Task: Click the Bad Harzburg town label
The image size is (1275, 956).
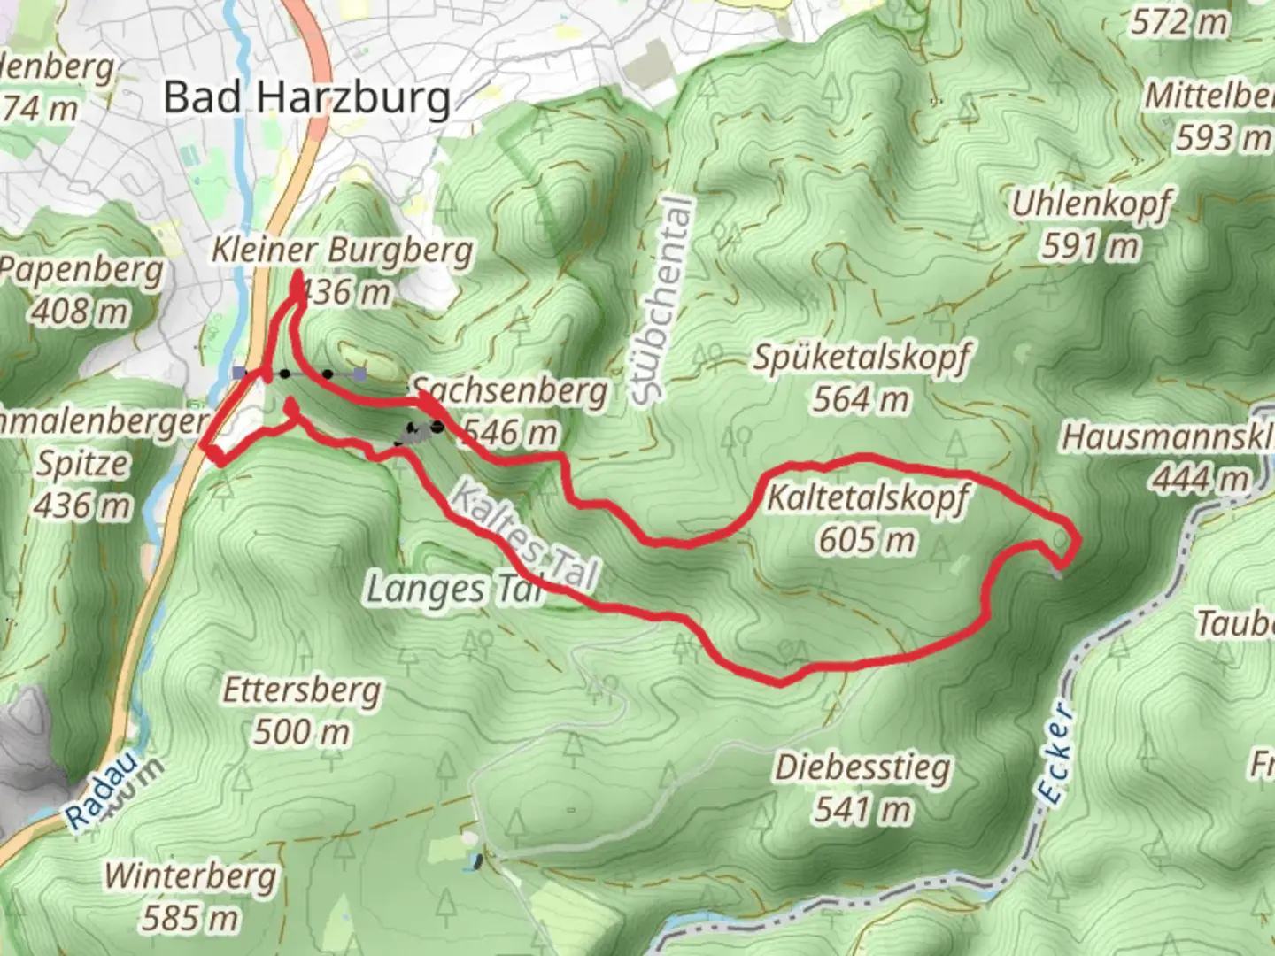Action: pyautogui.click(x=307, y=97)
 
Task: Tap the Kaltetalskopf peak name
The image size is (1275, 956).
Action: pyautogui.click(x=867, y=498)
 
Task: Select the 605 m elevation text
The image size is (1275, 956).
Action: pyautogui.click(x=867, y=538)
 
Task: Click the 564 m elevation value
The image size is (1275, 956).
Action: pyautogui.click(x=861, y=399)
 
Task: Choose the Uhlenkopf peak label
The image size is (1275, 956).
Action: pyautogui.click(x=1091, y=204)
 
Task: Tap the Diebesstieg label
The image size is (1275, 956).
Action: pyautogui.click(x=862, y=767)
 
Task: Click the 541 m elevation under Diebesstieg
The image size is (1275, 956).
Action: pyautogui.click(x=862, y=809)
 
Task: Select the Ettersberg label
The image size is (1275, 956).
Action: pyautogui.click(x=302, y=690)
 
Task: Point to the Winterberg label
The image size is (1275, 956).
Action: pyautogui.click(x=190, y=876)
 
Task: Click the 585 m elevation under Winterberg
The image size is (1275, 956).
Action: pyautogui.click(x=190, y=918)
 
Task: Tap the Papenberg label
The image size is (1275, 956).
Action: pyautogui.click(x=82, y=271)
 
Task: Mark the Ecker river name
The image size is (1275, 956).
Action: pyautogui.click(x=1057, y=753)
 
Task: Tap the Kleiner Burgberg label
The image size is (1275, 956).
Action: pyautogui.click(x=342, y=251)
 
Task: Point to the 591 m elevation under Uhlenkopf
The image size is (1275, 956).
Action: pyautogui.click(x=1091, y=245)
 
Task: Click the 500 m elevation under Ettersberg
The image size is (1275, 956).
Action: pyautogui.click(x=302, y=732)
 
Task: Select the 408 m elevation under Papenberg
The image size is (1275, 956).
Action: pyautogui.click(x=82, y=312)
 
